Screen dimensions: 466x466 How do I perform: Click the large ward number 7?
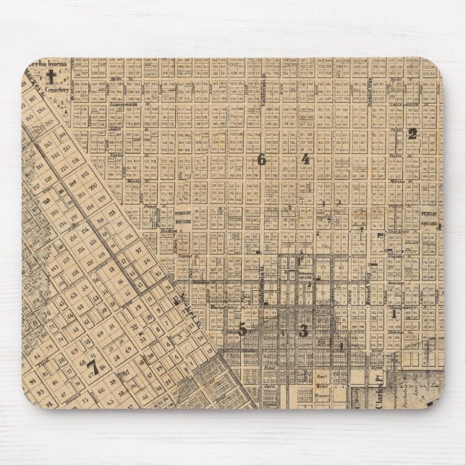[92, 368]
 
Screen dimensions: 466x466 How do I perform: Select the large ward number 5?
[243, 329]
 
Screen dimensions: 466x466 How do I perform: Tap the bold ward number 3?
[303, 331]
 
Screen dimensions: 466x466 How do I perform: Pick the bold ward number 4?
[305, 159]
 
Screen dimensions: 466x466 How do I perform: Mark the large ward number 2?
[412, 133]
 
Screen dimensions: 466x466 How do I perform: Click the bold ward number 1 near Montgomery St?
[394, 314]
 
